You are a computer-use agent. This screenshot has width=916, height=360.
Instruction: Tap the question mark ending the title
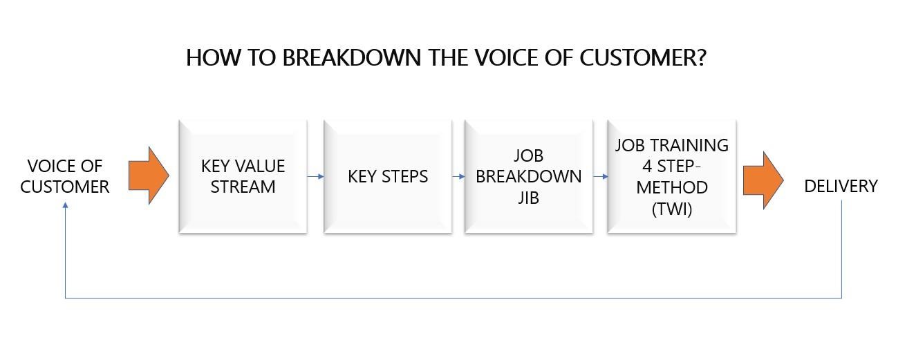(x=700, y=57)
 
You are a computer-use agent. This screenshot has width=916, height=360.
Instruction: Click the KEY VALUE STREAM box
(x=243, y=176)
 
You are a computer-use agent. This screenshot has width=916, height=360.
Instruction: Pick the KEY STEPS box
(x=388, y=176)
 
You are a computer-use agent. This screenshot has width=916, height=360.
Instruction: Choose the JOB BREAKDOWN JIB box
(x=529, y=176)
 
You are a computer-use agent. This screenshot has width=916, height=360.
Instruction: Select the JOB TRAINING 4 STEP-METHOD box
(x=672, y=176)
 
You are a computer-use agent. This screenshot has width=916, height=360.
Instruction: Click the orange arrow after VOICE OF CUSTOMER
(x=149, y=176)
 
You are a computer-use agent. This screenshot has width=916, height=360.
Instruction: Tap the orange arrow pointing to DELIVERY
(x=763, y=180)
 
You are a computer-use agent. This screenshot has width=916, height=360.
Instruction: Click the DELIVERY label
(x=841, y=186)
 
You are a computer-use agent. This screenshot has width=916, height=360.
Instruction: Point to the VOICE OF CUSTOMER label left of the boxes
(x=65, y=176)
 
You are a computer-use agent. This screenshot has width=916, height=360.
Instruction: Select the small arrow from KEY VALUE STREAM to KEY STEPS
(x=316, y=176)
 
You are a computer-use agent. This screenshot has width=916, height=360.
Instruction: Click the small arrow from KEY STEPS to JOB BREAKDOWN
(x=458, y=176)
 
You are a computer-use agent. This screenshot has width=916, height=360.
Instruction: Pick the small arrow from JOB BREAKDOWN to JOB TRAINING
(x=601, y=176)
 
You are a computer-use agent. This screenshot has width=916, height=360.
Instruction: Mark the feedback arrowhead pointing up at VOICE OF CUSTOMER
(x=65, y=205)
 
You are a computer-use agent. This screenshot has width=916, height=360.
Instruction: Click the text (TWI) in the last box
(x=672, y=209)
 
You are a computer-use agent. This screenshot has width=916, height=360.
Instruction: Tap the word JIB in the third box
(x=528, y=197)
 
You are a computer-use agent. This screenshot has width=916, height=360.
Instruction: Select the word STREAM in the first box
(x=243, y=187)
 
